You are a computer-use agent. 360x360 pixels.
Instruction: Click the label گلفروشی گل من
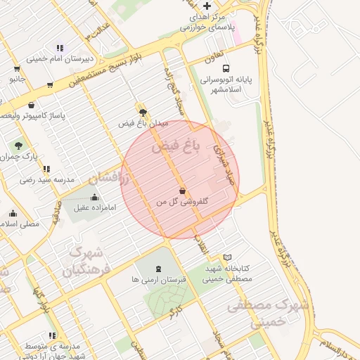(x=183, y=202)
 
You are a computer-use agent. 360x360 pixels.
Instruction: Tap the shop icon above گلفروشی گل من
(x=183, y=191)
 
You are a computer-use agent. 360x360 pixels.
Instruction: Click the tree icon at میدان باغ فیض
(x=143, y=112)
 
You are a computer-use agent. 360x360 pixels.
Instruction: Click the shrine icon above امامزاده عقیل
(x=95, y=197)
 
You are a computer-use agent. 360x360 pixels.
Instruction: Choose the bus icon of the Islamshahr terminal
(x=226, y=69)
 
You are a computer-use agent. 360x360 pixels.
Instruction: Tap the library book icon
(x=226, y=258)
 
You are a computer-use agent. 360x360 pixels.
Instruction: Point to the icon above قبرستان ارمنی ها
(x=157, y=269)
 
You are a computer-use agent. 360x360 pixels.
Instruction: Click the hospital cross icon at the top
(x=206, y=6)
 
